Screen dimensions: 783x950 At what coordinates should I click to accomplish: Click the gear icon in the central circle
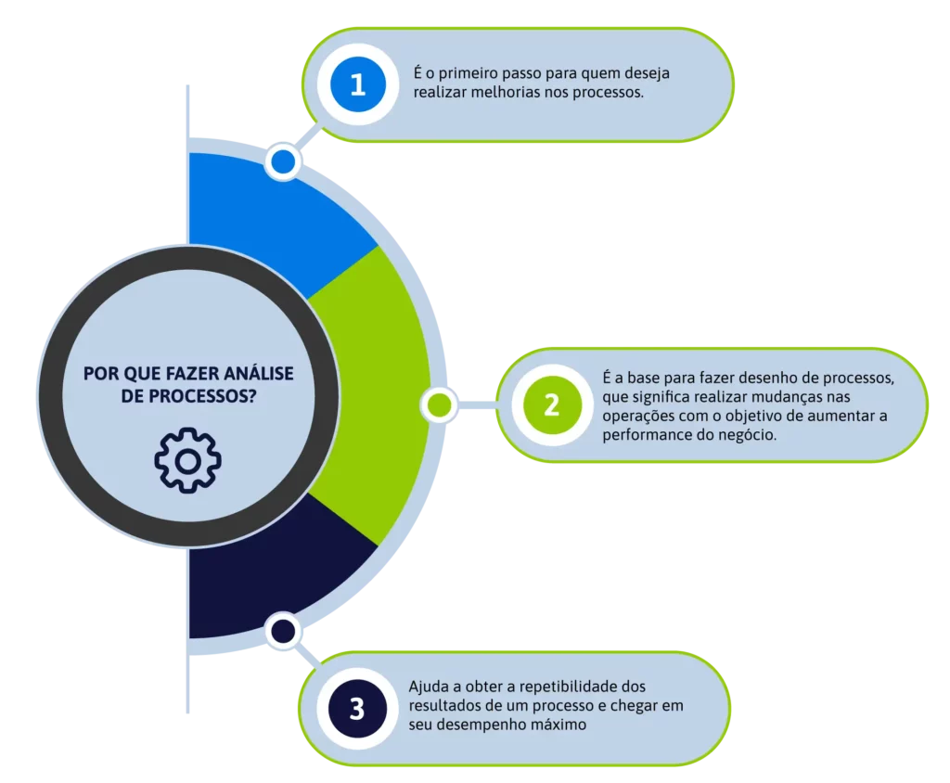coord(188,460)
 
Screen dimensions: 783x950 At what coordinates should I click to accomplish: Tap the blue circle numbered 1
coord(357,84)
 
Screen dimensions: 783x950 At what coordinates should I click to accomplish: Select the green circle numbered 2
coord(551,404)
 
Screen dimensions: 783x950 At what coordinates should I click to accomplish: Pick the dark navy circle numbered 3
coord(357,708)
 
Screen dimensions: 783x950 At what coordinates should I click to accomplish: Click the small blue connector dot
coord(282,163)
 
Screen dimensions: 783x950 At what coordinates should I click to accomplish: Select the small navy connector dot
coord(282,633)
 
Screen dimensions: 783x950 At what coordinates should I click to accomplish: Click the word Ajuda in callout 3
coord(428,687)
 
